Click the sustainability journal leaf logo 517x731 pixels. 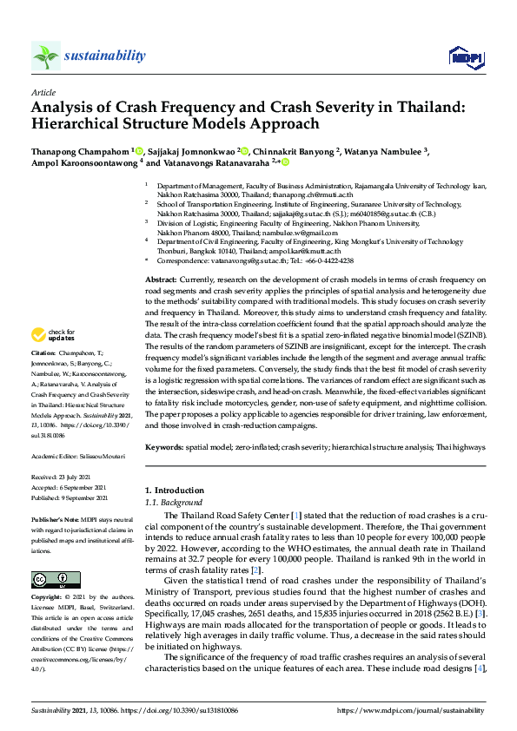[x=45, y=56]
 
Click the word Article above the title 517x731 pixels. [x=43, y=91]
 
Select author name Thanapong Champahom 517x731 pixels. [x=79, y=150]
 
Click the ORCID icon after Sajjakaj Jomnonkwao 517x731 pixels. [x=245, y=150]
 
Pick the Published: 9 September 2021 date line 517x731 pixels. [x=69, y=498]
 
